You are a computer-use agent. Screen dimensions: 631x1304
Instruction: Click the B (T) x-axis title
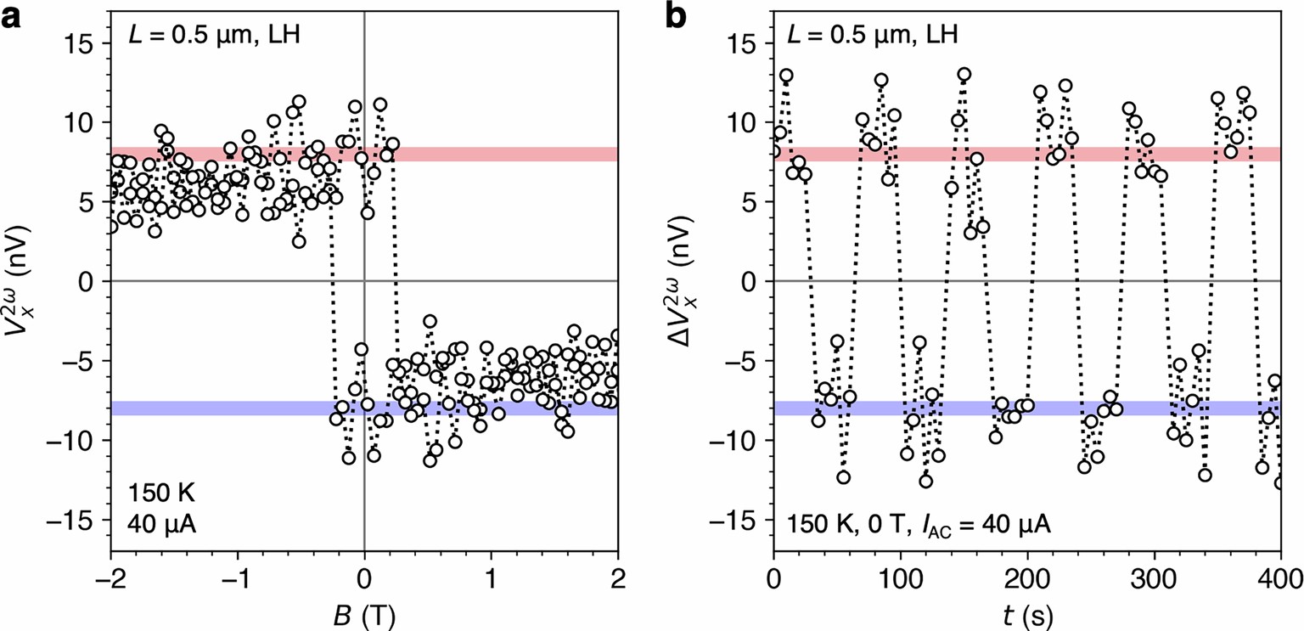click(x=364, y=612)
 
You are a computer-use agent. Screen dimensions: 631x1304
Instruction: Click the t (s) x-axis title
click(x=1026, y=612)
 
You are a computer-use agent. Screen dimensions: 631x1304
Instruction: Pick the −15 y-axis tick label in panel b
click(x=739, y=520)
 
